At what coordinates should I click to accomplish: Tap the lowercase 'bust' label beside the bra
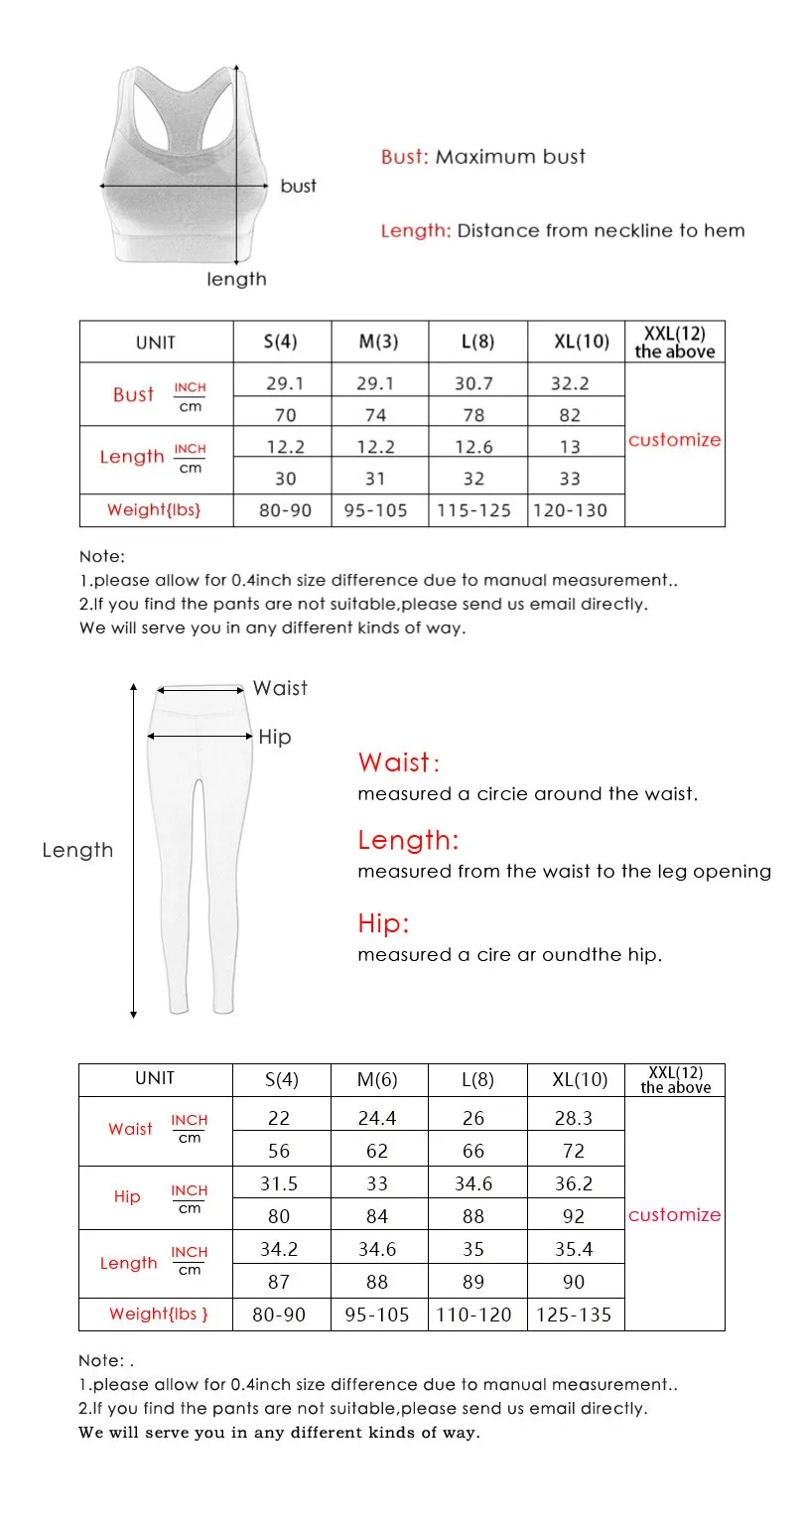[x=298, y=186]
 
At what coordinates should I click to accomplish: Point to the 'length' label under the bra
[x=236, y=279]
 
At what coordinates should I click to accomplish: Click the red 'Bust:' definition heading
[x=405, y=157]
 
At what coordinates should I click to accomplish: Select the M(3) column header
[x=378, y=342]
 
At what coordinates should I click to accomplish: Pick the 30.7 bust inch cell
[x=473, y=383]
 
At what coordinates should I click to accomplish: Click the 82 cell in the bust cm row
[x=570, y=414]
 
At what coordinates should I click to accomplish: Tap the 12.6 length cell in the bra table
[x=473, y=447]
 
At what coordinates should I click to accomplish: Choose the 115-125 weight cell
[x=474, y=510]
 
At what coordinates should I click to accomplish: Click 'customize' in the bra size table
[x=674, y=440]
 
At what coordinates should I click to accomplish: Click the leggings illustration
[x=200, y=844]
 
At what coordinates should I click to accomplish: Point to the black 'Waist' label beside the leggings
[x=280, y=688]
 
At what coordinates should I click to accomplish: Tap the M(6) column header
[x=377, y=1080]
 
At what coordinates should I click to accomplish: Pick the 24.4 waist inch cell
[x=377, y=1118]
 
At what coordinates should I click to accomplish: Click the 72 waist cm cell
[x=574, y=1151]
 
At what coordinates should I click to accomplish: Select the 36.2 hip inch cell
[x=574, y=1183]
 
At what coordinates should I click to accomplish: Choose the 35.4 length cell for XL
[x=574, y=1249]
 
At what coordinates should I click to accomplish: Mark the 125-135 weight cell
[x=574, y=1315]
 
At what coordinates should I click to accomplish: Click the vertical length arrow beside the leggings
[x=133, y=849]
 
